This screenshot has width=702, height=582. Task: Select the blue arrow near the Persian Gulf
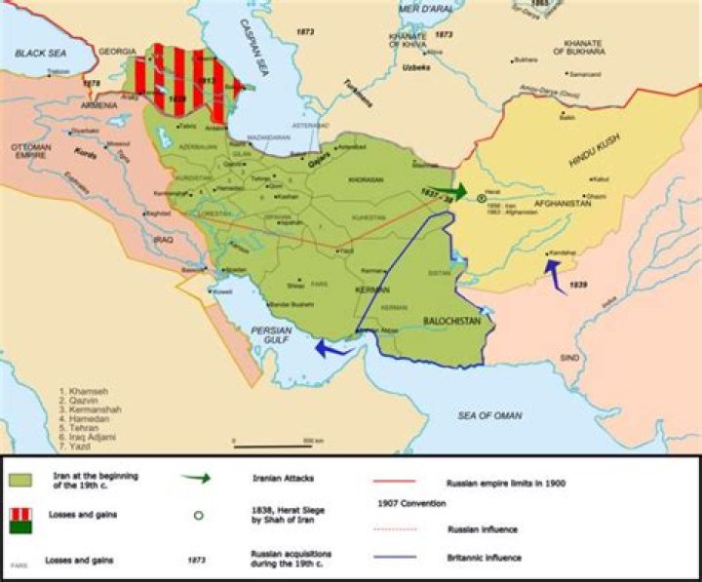tap(333, 347)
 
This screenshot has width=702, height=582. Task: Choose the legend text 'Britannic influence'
tap(485, 558)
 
